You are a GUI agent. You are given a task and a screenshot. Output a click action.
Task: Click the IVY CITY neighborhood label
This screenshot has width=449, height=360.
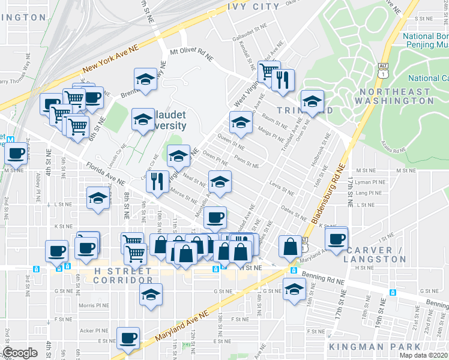tap(254, 7)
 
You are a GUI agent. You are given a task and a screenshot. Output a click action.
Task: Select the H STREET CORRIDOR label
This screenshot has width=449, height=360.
tap(123, 275)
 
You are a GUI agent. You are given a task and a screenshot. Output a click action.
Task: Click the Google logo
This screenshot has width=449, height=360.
tap(20, 352)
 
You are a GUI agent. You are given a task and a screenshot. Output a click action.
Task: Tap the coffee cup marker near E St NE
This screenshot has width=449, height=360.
tap(128, 338)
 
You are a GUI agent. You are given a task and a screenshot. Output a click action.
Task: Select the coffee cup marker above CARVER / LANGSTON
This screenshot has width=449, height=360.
tap(336, 238)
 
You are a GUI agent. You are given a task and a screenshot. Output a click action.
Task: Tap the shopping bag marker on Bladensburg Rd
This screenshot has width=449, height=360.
tap(291, 246)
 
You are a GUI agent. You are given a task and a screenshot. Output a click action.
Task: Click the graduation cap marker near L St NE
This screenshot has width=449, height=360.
tap(98, 199)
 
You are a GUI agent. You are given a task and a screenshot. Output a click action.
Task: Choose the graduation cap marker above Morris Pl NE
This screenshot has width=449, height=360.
tap(151, 294)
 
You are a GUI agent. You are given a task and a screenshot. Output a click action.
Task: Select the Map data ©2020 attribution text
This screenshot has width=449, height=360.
tap(424, 355)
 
